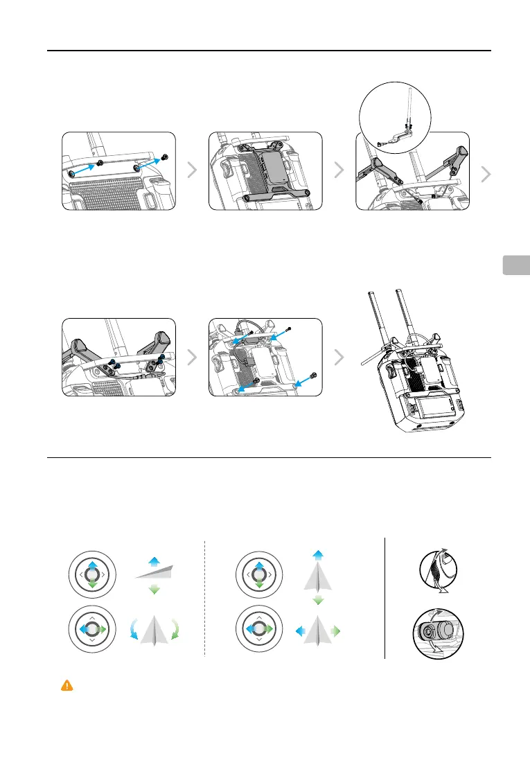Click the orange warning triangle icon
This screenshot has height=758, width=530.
(x=67, y=685)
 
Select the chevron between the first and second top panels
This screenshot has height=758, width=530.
(x=193, y=171)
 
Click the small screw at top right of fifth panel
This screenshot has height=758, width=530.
(x=289, y=328)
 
